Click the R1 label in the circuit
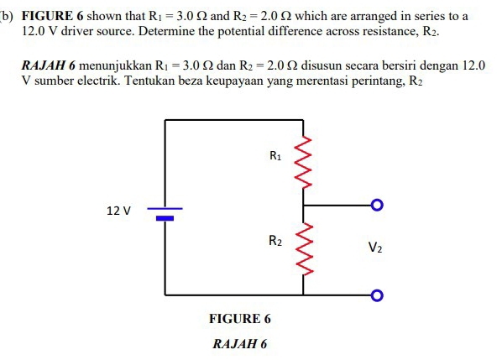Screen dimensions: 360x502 [x=275, y=155]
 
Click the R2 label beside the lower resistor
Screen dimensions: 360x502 [x=275, y=241]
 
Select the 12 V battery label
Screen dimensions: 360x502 [x=119, y=211]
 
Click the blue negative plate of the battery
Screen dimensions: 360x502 [x=165, y=217]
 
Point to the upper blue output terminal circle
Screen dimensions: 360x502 [x=377, y=204]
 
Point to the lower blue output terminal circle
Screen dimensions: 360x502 [x=377, y=295]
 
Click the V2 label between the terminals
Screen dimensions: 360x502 [x=375, y=248]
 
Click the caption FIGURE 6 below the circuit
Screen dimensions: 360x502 [x=240, y=319]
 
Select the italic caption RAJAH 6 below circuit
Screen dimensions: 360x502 [x=240, y=344]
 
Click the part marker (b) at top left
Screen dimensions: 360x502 [x=7, y=17]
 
